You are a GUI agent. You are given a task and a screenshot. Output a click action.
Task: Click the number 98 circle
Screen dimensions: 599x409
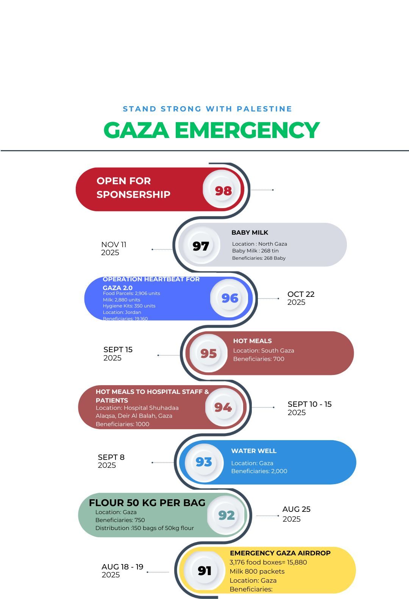(223, 190)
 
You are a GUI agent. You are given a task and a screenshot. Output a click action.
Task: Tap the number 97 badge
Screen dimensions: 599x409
(201, 246)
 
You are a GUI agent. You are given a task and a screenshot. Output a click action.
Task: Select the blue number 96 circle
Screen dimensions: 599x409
(230, 298)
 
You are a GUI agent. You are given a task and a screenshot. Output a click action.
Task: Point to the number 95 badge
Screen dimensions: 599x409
(209, 353)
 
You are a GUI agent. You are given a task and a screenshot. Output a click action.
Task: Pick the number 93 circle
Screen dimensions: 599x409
(204, 462)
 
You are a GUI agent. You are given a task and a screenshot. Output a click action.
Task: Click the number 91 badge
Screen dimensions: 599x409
(204, 571)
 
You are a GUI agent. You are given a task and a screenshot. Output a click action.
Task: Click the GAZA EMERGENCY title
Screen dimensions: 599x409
(211, 130)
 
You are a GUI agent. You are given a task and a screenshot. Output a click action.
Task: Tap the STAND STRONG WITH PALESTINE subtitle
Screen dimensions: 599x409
(207, 109)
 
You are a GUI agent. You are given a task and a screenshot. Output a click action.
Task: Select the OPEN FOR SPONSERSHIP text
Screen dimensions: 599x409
(133, 188)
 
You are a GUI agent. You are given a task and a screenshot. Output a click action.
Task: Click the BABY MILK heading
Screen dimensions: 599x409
(250, 232)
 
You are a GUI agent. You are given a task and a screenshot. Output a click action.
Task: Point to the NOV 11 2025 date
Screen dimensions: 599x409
(114, 249)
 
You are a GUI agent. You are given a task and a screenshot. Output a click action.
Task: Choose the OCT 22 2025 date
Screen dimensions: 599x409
(301, 298)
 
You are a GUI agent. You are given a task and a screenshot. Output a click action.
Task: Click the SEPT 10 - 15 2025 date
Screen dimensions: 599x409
(309, 408)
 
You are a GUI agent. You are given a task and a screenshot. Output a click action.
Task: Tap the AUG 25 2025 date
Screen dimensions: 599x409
(296, 514)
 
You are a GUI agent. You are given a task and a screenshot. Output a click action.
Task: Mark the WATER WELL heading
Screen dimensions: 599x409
(254, 451)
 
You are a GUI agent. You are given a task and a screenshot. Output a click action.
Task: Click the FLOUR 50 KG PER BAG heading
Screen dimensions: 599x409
(147, 503)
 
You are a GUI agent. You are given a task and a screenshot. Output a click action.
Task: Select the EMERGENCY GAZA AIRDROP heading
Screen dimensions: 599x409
(280, 553)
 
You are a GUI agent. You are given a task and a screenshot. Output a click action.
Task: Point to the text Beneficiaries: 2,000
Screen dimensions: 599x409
(259, 471)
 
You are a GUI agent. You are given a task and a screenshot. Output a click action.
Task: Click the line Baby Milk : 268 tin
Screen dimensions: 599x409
(255, 251)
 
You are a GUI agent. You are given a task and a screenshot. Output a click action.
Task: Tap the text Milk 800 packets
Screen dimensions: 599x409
(257, 571)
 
